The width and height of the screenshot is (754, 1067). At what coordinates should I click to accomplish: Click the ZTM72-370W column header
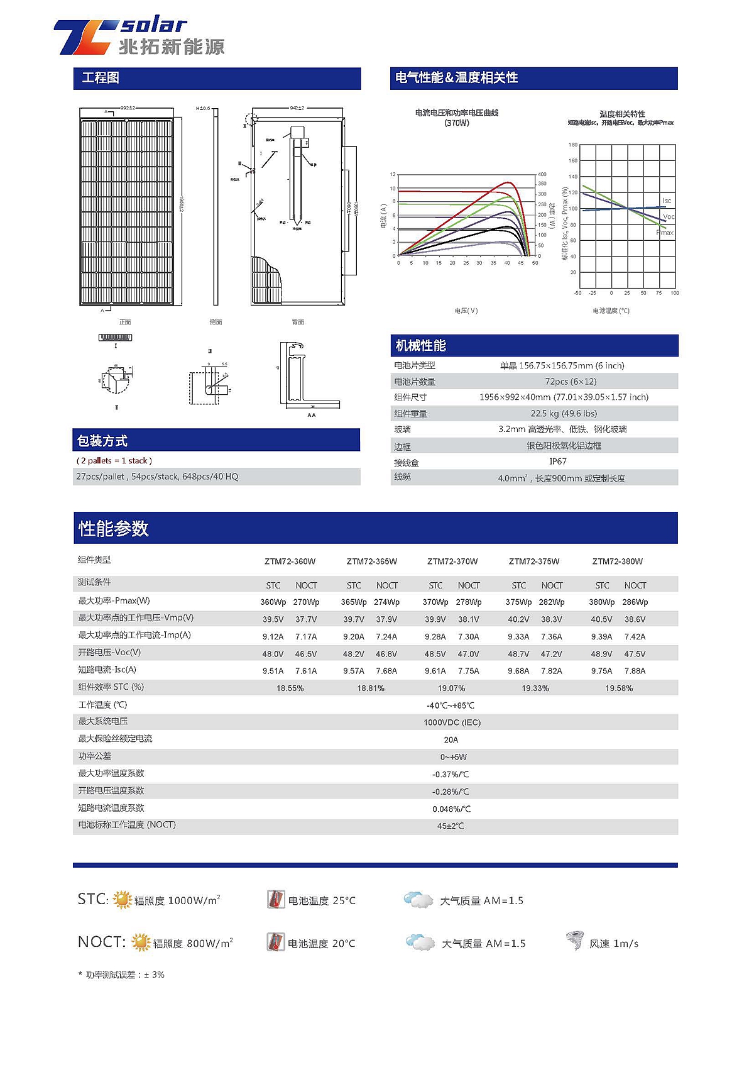point(452,561)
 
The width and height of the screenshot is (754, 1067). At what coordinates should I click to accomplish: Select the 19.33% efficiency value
point(535,688)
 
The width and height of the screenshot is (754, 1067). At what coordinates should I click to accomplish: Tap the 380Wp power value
point(602,602)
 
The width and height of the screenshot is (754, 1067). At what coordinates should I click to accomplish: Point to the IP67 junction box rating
point(558,462)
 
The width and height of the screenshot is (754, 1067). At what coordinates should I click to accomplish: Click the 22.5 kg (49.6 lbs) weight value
point(564,414)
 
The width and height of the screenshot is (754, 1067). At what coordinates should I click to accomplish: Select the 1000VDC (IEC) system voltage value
point(452,722)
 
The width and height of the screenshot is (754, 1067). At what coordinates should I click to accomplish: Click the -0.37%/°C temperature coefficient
point(451,775)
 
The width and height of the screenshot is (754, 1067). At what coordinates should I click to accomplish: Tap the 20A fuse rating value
point(451,740)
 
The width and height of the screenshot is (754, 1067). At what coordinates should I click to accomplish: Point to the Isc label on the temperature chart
point(667,201)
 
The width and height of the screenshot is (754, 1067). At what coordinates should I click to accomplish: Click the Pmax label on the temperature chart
point(665,233)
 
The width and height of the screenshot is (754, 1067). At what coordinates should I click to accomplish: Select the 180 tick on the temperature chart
point(573,145)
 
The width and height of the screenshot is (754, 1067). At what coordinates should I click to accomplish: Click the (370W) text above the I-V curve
point(457,123)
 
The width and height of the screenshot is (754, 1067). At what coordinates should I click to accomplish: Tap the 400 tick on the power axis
point(542,174)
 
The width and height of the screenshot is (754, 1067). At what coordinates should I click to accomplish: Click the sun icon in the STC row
point(122,900)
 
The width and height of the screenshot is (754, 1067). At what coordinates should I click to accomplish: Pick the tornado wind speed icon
point(575,941)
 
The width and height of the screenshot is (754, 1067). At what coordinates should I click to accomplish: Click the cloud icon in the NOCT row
point(420,943)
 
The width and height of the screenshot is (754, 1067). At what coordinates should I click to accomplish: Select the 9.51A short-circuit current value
point(273,671)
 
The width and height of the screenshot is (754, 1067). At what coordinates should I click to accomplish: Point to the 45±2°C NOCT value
point(451,826)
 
